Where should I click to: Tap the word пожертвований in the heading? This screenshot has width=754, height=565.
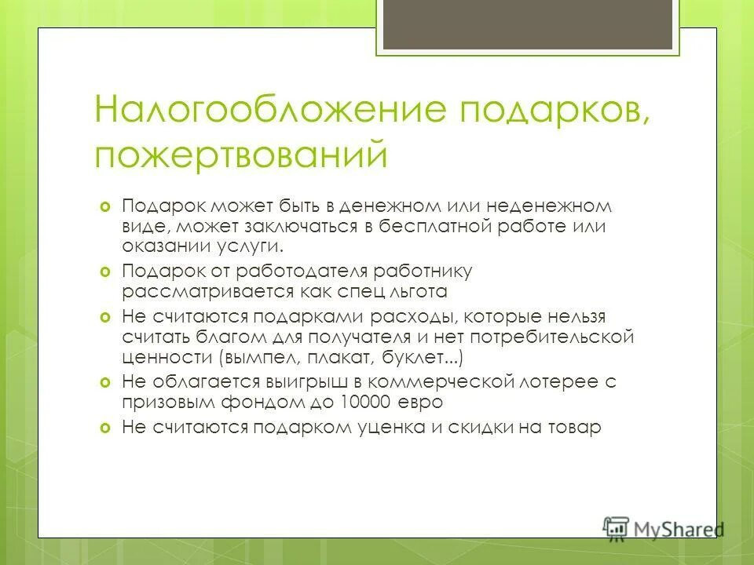[241, 153]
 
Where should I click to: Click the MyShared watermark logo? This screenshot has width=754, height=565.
[662, 527]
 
